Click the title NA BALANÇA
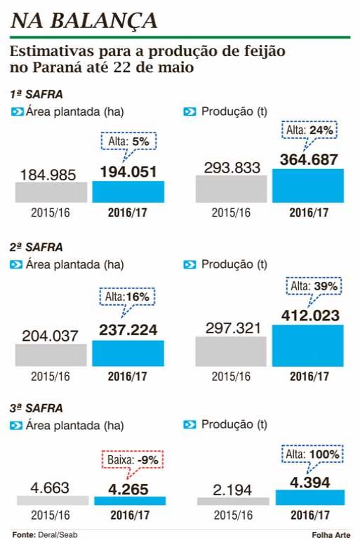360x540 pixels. [84, 20]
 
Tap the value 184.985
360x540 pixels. [48, 175]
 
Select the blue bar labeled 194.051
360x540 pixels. [128, 191]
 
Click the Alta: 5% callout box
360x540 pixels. [129, 141]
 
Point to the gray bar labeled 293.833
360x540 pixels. [231, 189]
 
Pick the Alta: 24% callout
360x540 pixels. [309, 130]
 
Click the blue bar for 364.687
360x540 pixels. [308, 186]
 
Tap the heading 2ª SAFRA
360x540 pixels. [36, 247]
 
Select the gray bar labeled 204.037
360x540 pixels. [51, 355]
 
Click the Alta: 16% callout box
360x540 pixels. [127, 297]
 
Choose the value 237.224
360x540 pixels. [128, 330]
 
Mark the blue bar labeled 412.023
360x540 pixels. [307, 346]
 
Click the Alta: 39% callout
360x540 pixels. [314, 286]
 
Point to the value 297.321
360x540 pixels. [233, 328]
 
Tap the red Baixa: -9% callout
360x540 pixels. [133, 459]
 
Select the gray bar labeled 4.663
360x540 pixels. [53, 501]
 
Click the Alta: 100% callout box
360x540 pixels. [312, 454]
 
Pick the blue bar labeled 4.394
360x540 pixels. [310, 497]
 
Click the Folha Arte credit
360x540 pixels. [331, 535]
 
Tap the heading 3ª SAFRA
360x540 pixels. [36, 408]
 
